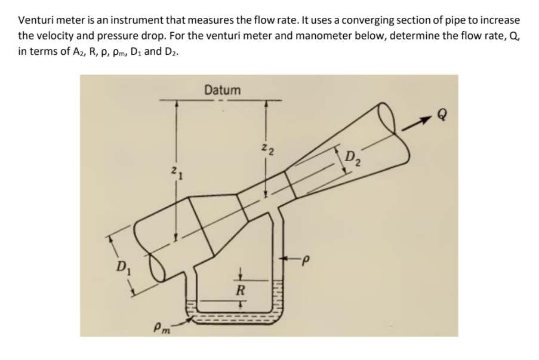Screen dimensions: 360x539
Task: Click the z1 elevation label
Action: click(171, 174)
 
